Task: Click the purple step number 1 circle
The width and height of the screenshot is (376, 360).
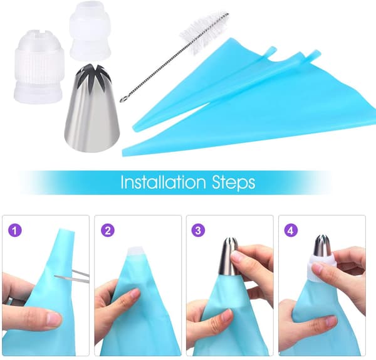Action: pos(15,231)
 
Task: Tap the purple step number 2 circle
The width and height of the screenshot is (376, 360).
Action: pos(108,231)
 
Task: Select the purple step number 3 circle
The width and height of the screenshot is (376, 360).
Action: pos(198,231)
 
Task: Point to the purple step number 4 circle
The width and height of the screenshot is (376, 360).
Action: pos(291,231)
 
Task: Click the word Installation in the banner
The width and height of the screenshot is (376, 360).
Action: pos(164,182)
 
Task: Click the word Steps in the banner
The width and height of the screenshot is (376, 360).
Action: pos(234,183)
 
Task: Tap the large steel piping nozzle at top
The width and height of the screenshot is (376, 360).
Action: pos(91,108)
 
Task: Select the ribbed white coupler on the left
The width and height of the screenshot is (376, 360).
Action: pos(39,66)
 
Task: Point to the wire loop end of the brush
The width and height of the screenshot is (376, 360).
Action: pos(123,98)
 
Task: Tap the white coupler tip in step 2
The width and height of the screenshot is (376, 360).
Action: pos(137,251)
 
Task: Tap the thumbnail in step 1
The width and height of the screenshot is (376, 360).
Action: pos(53,319)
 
